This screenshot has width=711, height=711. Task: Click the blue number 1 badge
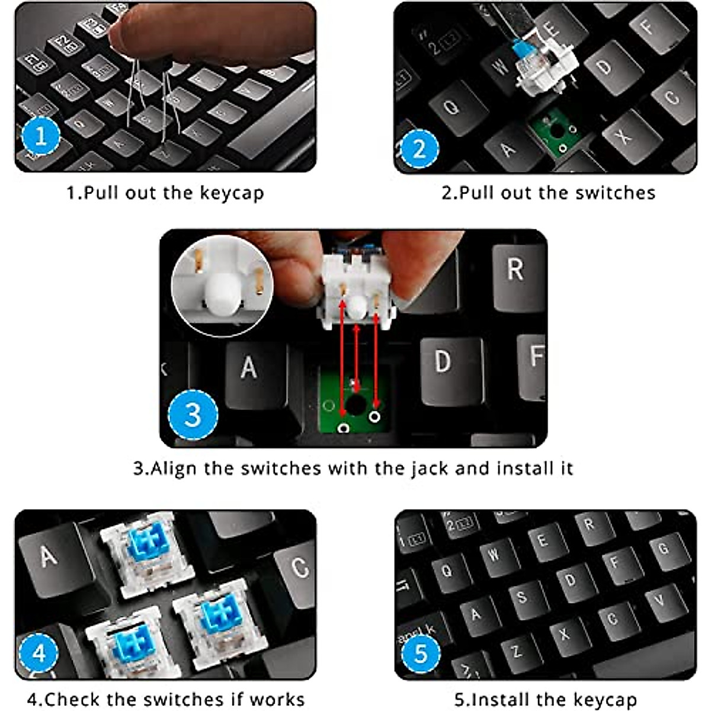[41, 136]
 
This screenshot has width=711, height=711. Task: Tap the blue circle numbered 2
[419, 149]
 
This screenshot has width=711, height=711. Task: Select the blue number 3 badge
[193, 415]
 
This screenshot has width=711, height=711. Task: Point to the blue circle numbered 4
[39, 653]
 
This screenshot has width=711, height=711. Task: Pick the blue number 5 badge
[421, 654]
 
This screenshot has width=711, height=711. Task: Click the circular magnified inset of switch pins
[222, 286]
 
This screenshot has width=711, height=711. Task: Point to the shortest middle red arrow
[357, 358]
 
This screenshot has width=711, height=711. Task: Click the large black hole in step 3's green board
[356, 405]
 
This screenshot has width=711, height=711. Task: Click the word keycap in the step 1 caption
[232, 193]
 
